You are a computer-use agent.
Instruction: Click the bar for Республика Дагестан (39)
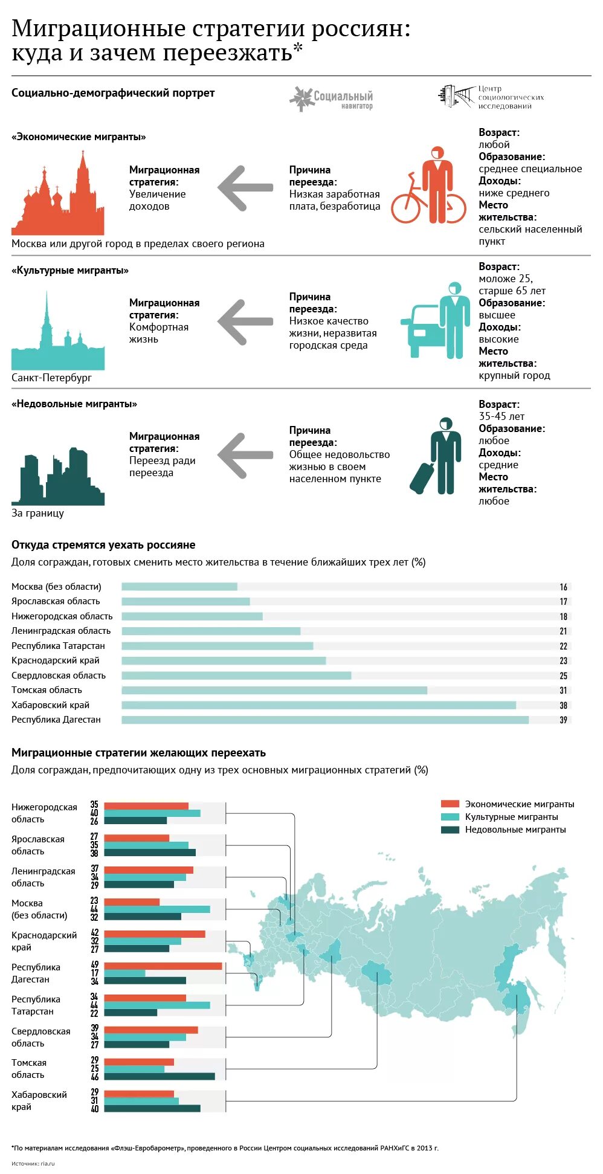tap(325, 720)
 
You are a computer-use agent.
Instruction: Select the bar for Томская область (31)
tap(274, 690)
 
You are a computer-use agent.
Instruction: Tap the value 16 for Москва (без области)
tap(563, 587)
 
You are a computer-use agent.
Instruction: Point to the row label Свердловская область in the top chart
tap(59, 676)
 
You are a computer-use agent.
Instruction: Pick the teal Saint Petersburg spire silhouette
tap(57, 338)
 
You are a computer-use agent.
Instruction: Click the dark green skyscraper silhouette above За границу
tap(58, 477)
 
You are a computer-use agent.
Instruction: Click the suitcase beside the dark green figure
tap(422, 477)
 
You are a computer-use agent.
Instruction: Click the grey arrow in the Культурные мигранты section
tap(245, 322)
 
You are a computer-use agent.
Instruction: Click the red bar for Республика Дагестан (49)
tap(163, 966)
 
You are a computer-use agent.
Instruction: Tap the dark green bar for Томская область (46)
tap(160, 1076)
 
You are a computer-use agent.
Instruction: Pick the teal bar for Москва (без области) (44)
tap(157, 909)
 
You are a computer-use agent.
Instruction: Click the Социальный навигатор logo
tap(332, 98)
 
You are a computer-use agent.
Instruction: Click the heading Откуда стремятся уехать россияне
tap(103, 545)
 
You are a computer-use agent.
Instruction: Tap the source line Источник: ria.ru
tap(33, 1163)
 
